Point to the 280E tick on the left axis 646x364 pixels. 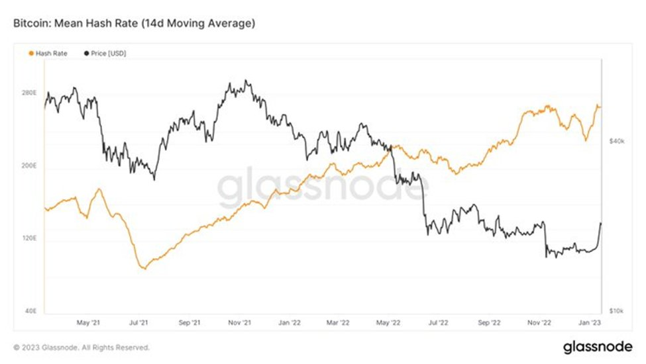pos(30,93)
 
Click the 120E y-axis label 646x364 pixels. pos(30,238)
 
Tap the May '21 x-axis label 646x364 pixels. pos(88,323)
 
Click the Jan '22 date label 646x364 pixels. pos(290,323)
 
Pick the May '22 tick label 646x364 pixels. pos(389,323)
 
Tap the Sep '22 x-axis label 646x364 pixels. pos(488,323)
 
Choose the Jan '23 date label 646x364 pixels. pos(588,323)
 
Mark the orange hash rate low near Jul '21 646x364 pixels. pos(142,268)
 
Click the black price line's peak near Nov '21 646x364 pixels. pos(246,81)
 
